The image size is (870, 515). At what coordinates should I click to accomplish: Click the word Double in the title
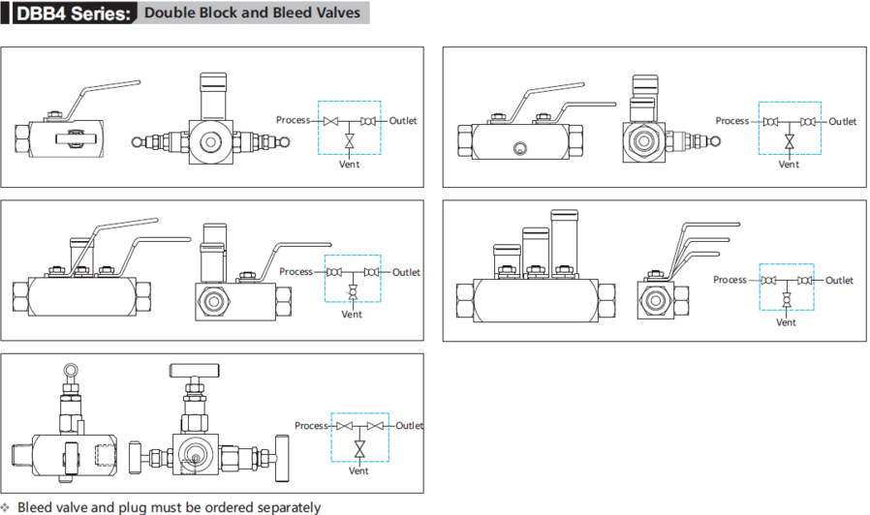click(169, 14)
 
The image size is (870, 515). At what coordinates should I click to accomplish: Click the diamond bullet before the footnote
click(6, 507)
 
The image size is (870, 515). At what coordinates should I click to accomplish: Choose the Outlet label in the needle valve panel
click(409, 426)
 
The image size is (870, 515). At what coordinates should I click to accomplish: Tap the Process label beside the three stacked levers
click(730, 280)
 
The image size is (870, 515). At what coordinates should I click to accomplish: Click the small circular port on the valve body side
click(519, 149)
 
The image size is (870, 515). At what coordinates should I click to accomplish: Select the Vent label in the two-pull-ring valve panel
click(350, 165)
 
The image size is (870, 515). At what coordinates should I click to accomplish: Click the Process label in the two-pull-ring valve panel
click(293, 120)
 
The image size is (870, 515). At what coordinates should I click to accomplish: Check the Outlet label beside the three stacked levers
click(840, 281)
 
